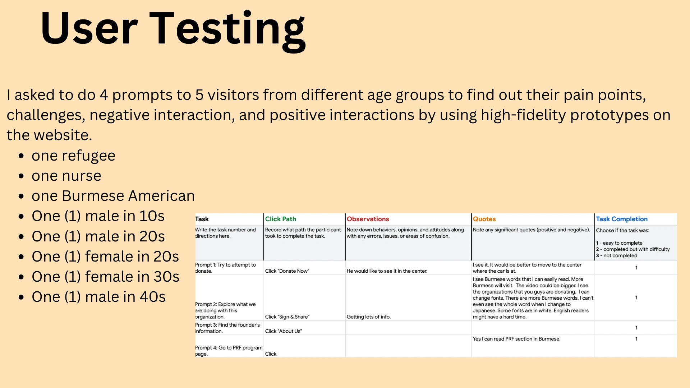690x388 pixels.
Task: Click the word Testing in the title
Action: point(227,29)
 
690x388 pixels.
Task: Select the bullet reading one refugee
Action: point(73,156)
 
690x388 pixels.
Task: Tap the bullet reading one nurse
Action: point(66,176)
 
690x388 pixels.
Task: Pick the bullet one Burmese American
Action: point(113,196)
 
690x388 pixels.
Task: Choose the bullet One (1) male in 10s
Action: point(98,216)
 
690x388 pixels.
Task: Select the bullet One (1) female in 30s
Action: point(105,277)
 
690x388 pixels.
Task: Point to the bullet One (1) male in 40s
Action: point(98,297)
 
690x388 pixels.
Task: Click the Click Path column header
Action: point(281,219)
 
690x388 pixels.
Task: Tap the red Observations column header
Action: point(368,219)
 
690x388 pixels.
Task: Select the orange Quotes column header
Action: point(484,219)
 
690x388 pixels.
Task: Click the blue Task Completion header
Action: point(622,219)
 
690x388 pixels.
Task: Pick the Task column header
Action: point(202,219)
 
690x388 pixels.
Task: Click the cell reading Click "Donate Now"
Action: point(287,271)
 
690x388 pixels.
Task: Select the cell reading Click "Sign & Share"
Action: point(287,317)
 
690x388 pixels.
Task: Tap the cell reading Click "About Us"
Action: point(284,331)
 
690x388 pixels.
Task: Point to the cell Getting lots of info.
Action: point(369,317)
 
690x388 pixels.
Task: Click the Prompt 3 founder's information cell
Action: point(227,328)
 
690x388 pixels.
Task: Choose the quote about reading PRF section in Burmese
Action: point(516,339)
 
